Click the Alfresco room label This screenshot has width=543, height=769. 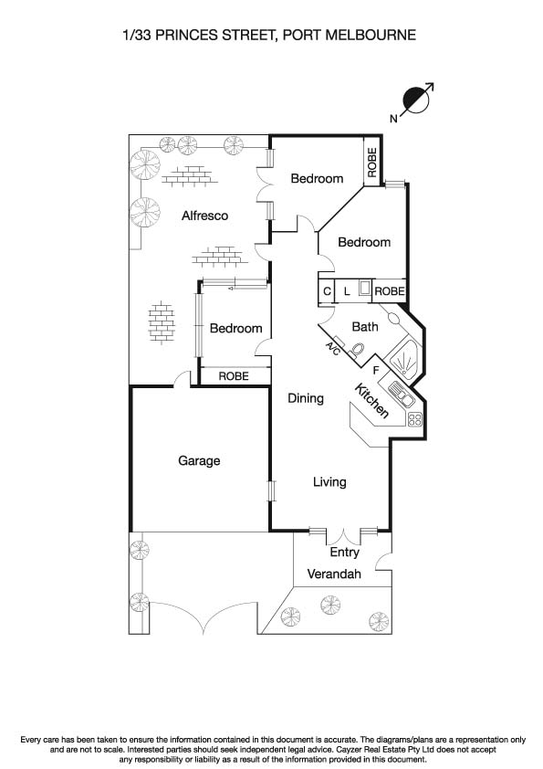click(x=204, y=216)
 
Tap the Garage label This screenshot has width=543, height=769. click(x=199, y=461)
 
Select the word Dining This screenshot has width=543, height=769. click(x=306, y=398)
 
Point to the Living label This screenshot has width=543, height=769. click(x=329, y=482)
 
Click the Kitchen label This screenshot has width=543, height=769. click(x=372, y=401)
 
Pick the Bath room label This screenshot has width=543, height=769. click(x=365, y=327)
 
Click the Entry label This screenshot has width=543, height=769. click(x=345, y=553)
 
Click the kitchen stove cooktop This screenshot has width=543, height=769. click(x=415, y=420)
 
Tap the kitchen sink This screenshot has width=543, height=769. click(x=401, y=395)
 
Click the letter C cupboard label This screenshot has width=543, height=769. click(x=327, y=291)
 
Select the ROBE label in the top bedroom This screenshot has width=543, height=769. click(x=372, y=163)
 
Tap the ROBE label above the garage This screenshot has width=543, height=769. click(x=234, y=375)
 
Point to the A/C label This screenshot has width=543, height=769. click(x=333, y=349)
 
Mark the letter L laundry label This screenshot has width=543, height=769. click(x=347, y=291)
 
